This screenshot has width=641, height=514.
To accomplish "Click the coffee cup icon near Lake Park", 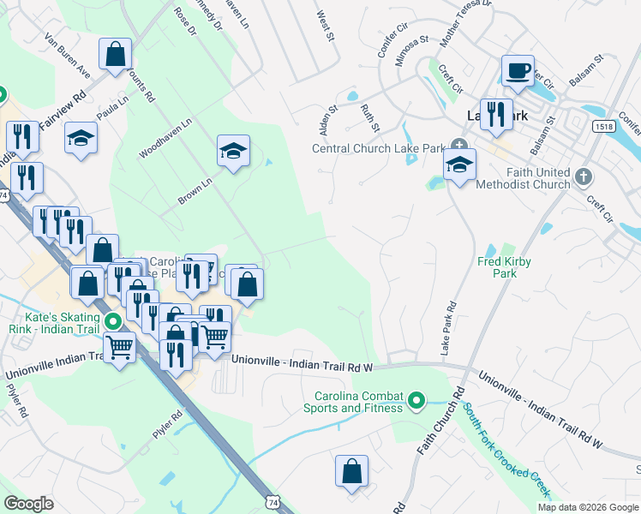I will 517,71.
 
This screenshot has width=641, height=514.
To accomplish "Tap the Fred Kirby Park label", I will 497,267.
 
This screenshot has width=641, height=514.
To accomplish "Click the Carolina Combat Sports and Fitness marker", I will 416,401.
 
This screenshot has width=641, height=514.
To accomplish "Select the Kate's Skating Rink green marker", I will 113,322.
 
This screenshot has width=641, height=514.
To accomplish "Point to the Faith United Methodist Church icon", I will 584,177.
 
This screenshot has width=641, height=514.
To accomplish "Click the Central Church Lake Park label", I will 377,148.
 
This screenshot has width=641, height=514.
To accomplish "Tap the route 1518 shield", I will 602,126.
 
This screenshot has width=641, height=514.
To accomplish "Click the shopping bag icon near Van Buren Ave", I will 115,56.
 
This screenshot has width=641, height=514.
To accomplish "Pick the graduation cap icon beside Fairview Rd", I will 81,139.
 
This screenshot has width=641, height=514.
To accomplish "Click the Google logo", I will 28,504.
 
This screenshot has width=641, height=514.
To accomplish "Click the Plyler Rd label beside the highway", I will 168,425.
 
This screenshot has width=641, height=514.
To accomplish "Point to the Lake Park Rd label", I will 446,328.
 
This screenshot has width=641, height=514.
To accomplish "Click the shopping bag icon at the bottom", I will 351,471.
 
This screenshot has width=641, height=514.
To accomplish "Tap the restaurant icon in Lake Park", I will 495,114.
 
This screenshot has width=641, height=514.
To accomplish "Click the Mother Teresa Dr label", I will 465,23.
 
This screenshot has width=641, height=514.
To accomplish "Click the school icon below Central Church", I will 459,164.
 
